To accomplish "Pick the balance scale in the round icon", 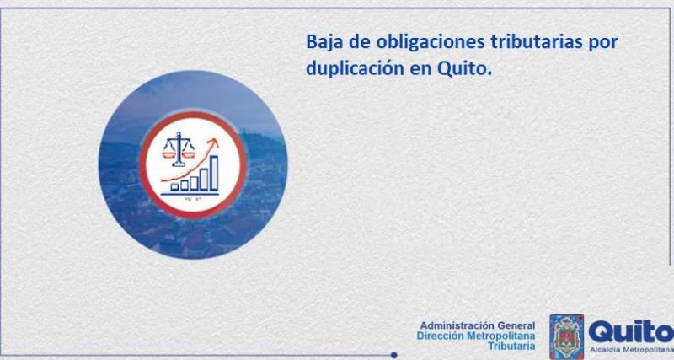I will (x=179, y=148).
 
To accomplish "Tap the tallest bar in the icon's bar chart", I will (x=214, y=172).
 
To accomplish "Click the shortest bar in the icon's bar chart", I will (x=174, y=186).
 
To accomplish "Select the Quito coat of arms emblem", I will (x=566, y=335).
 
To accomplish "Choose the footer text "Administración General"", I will (x=477, y=325).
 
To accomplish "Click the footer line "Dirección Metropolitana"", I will (x=476, y=336).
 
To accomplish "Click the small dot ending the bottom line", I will (x=394, y=355).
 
